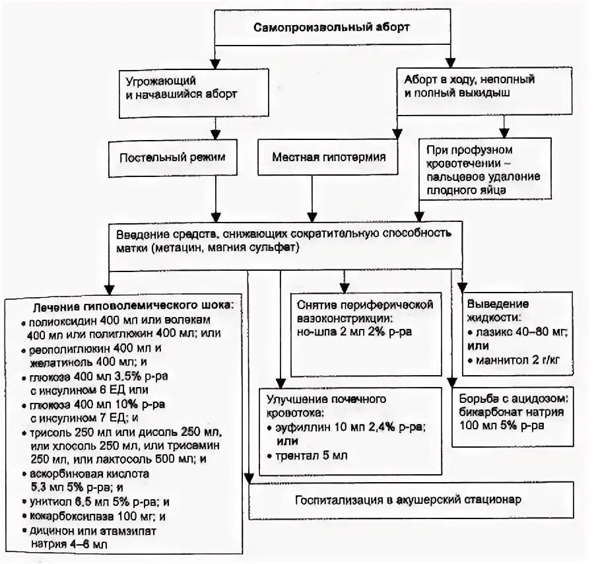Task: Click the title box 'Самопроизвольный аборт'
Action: click(x=332, y=28)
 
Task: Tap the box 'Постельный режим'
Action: click(x=172, y=159)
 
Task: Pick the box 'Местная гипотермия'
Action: click(x=325, y=159)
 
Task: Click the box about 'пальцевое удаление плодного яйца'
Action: click(x=484, y=170)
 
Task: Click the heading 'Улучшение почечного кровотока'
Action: click(x=325, y=405)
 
